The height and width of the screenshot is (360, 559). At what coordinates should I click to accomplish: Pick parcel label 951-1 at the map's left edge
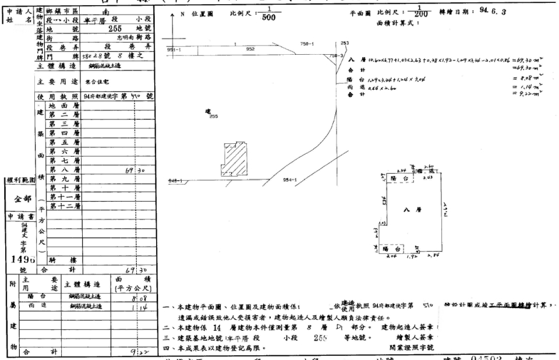coord(174,50)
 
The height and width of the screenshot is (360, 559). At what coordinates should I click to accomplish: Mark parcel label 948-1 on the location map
coord(174,181)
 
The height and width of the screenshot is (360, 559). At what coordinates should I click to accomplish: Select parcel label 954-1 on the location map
coord(289,181)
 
